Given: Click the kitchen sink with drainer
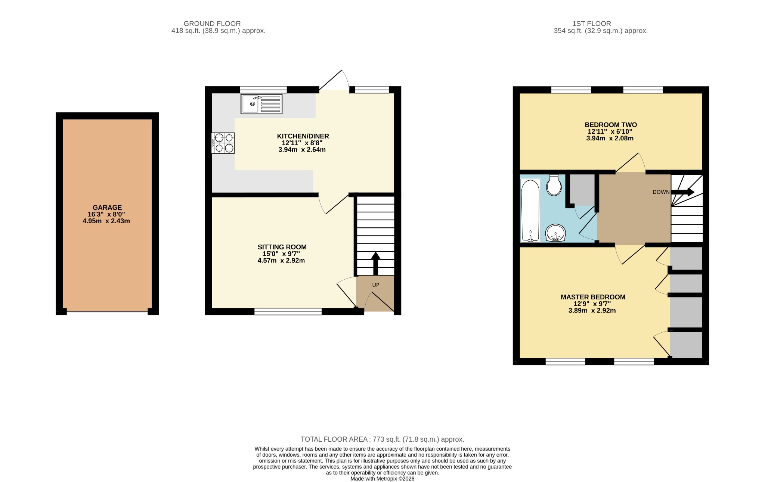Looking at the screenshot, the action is tap(261, 104).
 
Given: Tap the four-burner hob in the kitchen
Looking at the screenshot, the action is tap(223, 143).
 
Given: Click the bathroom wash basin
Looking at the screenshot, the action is tap(556, 233).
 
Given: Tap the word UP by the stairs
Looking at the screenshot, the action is tap(376, 285).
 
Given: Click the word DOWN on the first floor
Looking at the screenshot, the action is tap(661, 192).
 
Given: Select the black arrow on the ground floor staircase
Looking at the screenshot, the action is tap(376, 264).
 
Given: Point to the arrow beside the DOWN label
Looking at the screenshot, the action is tap(683, 192).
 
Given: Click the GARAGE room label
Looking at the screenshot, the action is tap(107, 208).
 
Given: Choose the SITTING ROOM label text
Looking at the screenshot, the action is tap(282, 247).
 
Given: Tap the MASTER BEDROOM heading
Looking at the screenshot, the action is tap(593, 297).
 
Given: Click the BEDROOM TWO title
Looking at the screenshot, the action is tap(611, 125).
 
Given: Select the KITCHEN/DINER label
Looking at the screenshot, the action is tap(303, 136).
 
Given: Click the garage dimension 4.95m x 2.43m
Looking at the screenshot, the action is tap(106, 221).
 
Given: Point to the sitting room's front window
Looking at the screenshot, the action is tap(288, 311).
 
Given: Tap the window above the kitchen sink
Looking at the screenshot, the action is tap(263, 90).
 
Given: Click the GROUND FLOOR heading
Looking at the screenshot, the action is tap(212, 24).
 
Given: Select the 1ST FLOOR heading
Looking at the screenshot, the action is tap(592, 24).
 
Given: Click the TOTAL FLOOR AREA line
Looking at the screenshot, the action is tap(382, 439).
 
